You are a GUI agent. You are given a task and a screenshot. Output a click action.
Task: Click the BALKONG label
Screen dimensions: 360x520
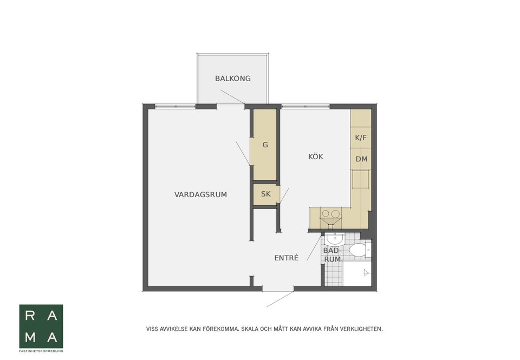233,78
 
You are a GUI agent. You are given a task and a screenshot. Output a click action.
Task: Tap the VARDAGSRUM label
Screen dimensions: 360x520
200,195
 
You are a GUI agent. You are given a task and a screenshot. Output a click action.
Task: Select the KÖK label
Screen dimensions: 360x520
316,156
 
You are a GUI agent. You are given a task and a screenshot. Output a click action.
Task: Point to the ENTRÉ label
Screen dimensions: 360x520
287,258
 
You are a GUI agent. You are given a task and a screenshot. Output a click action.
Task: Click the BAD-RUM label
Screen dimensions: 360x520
332,255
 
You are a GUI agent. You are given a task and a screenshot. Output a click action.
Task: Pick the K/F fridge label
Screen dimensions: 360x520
361,138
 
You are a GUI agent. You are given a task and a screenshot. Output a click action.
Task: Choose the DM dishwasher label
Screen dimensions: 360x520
361,159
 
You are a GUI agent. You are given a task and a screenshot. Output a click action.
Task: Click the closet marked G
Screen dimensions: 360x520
265,145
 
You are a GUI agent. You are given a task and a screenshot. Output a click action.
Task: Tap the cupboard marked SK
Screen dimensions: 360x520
266,194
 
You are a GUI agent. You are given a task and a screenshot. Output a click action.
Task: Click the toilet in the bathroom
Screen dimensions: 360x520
358,250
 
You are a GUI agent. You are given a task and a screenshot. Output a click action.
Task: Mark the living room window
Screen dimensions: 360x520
175,107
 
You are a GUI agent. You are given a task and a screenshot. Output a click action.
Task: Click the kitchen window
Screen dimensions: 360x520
305,107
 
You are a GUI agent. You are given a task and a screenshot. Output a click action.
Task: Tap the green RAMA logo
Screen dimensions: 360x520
41,326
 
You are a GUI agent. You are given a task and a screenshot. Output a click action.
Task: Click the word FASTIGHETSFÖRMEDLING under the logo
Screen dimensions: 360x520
41,351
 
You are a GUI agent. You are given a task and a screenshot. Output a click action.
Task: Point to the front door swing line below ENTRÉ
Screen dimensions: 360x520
279,299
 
